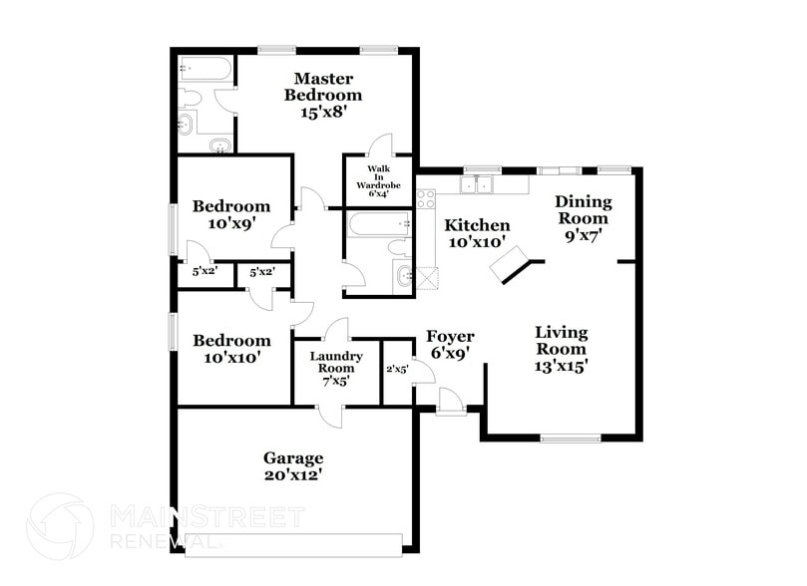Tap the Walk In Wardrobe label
pos(377,180)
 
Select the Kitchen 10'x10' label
pos(477,232)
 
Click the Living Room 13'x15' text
pos(561,348)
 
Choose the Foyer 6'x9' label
pos(450,344)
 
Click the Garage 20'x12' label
pos(293,465)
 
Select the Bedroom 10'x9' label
pos(230,215)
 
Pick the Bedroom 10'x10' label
pos(230,348)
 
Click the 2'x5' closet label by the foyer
pos(397,370)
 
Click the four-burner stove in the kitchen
pos(426,198)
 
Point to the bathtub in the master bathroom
pos(206,69)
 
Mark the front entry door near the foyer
pos(450,401)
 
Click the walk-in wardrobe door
pos(380,146)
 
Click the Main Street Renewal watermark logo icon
pos(60,526)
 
